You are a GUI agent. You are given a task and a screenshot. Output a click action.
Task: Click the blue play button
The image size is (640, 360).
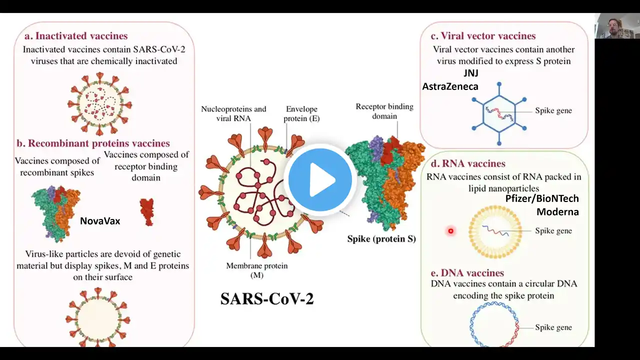pyautogui.click(x=320, y=179)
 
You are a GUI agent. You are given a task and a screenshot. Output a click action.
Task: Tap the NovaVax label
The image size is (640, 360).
pyautogui.click(x=100, y=220)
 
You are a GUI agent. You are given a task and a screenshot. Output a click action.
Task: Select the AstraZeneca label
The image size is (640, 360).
pyautogui.click(x=450, y=86)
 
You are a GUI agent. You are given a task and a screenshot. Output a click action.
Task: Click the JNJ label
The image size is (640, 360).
pyautogui.click(x=471, y=73)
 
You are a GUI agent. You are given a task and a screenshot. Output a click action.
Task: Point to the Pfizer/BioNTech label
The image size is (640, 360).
pyautogui.click(x=541, y=198)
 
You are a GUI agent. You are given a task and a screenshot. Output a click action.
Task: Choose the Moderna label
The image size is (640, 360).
pyautogui.click(x=557, y=211)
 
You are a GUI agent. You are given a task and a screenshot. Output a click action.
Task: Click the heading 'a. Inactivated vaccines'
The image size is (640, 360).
pyautogui.click(x=76, y=36)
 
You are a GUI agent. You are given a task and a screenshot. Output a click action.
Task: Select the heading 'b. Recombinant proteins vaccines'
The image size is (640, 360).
pyautogui.click(x=93, y=143)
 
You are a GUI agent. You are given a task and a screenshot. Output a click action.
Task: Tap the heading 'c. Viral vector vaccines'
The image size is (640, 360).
pyautogui.click(x=483, y=36)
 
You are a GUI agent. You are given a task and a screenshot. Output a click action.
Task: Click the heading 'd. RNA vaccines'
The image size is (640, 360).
pyautogui.click(x=468, y=163)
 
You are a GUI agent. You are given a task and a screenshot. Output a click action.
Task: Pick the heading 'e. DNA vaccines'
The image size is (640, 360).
pyautogui.click(x=467, y=273)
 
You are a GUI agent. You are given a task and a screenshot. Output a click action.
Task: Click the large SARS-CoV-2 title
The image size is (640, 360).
pyautogui.click(x=267, y=298)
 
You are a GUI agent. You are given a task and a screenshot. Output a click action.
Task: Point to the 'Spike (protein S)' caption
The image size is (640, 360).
pyautogui.click(x=381, y=239)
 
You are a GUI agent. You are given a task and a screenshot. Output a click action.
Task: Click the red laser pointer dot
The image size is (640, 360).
pyautogui.click(x=450, y=231)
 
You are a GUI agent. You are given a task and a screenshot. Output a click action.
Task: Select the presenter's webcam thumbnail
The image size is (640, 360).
pyautogui.click(x=617, y=26)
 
